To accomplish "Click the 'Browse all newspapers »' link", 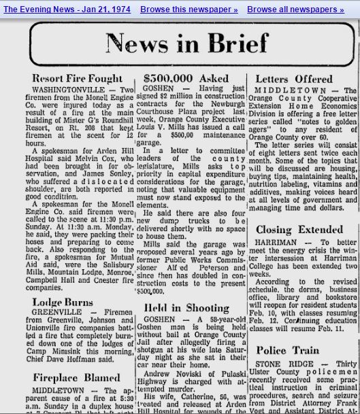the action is point(295,10).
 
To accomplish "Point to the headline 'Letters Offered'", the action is point(294,79).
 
